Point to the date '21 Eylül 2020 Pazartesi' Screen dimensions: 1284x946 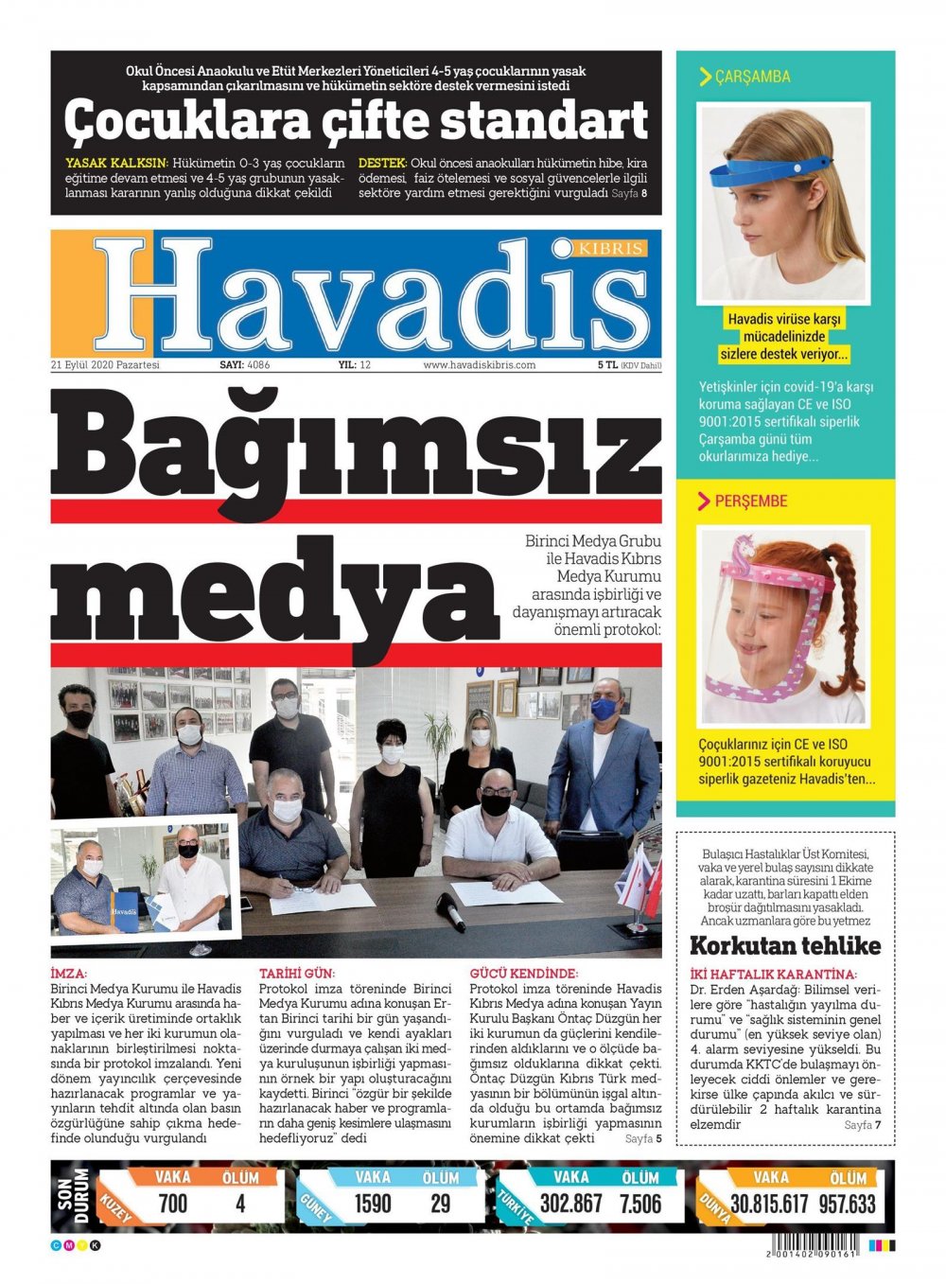(106, 365)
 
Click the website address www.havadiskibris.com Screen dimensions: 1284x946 (479, 365)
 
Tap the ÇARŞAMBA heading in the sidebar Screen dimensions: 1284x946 (752, 77)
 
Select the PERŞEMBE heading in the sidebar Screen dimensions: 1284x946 (750, 501)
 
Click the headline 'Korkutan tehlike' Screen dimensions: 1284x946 (784, 945)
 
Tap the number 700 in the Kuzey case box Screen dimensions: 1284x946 (173, 1204)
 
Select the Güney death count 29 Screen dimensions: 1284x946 (441, 1204)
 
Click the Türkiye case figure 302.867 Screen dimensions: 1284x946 (571, 1204)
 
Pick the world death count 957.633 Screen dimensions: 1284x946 (848, 1204)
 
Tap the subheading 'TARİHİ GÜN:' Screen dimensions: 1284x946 (297, 973)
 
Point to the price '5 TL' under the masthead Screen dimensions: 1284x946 (606, 365)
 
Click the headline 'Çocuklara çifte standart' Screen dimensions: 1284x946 (356, 121)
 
